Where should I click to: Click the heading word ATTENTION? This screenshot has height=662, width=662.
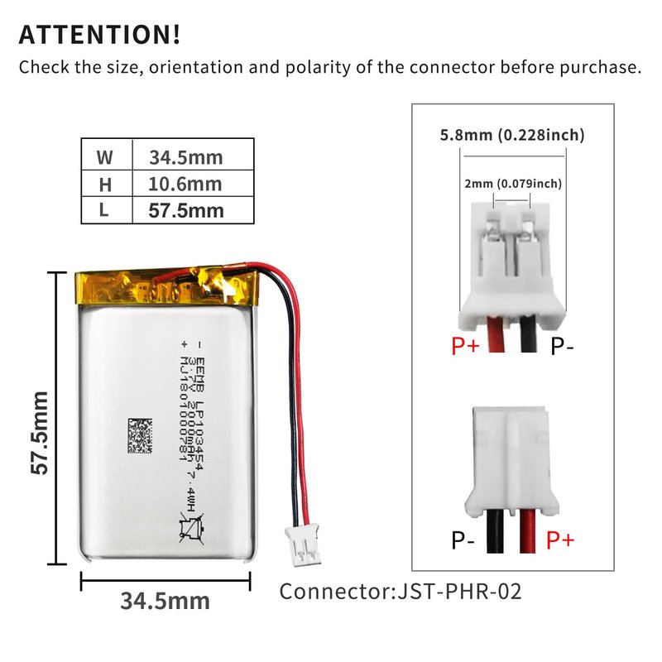99,35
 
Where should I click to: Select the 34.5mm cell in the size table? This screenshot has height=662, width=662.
185,157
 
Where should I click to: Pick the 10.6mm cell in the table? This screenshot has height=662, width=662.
185,184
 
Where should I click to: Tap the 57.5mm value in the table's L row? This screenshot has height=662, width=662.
185,211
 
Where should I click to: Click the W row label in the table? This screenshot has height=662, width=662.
104,157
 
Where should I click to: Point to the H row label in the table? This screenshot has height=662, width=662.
105,185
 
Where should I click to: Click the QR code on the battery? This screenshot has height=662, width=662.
140,436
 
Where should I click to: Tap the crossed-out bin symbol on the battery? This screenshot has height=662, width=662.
192,527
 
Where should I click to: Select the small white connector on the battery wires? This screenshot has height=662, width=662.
302,544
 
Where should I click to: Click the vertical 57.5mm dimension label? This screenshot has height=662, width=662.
40,433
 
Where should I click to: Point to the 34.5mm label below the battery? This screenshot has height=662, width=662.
165,602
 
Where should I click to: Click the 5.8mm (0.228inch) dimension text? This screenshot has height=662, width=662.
512,135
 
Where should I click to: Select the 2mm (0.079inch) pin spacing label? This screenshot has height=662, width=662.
513,184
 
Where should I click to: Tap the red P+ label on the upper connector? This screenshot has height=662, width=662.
465,346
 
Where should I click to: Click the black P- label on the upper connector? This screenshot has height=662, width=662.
562,346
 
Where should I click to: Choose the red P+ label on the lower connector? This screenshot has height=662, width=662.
560,540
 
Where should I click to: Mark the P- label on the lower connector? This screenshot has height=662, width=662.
463,540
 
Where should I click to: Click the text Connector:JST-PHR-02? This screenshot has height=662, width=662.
401,591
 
